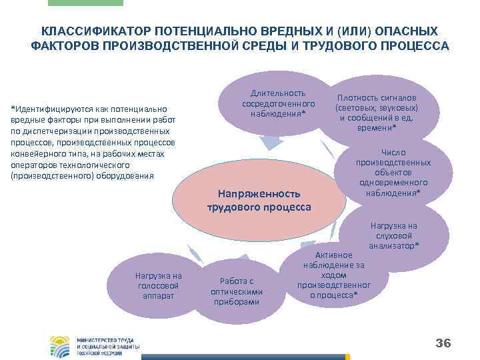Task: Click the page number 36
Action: coord(443,343)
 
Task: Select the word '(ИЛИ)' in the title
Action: coord(352,32)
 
